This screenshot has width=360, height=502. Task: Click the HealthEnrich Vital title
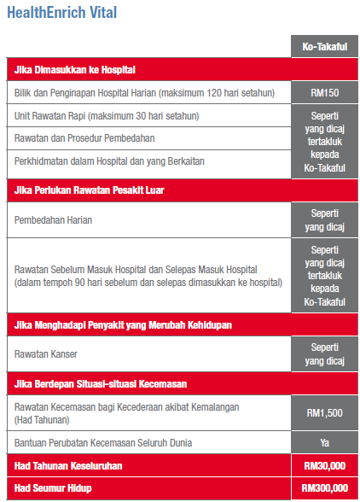pyautogui.click(x=61, y=13)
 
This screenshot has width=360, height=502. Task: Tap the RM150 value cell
pyautogui.click(x=324, y=91)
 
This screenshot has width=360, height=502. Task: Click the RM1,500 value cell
pyautogui.click(x=324, y=412)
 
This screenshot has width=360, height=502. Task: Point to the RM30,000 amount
pyautogui.click(x=324, y=467)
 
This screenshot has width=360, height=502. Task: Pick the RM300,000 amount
pyautogui.click(x=324, y=487)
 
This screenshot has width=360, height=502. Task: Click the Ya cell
pyautogui.click(x=324, y=444)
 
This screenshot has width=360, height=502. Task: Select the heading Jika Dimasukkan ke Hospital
pyautogui.click(x=76, y=68)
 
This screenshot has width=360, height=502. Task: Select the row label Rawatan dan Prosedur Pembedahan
pyautogui.click(x=84, y=137)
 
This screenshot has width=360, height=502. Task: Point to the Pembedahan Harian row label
pyautogui.click(x=54, y=219)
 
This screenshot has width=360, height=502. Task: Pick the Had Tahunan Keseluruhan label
pyautogui.click(x=68, y=467)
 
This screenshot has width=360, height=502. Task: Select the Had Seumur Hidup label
pyautogui.click(x=53, y=487)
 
